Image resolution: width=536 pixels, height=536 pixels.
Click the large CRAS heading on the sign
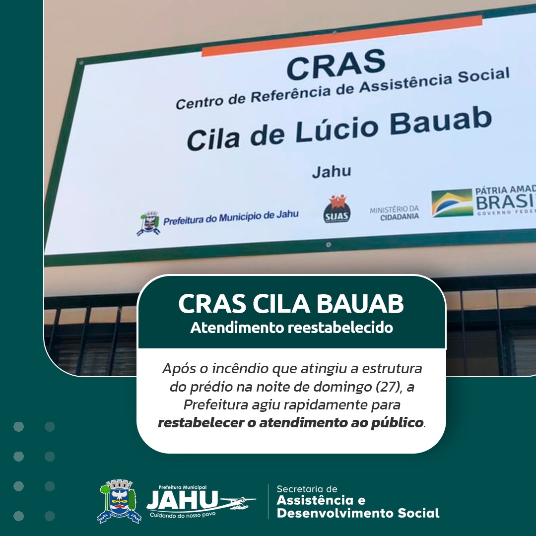point(336,64)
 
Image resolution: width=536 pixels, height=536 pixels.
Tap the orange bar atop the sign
point(342,36)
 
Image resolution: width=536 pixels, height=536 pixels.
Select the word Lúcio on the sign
point(336,131)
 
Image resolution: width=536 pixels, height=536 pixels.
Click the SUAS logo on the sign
point(337,208)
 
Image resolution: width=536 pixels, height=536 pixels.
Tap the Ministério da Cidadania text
point(395,212)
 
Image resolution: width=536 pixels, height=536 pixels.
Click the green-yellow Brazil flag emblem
point(452,202)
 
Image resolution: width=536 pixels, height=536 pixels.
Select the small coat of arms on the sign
point(148,223)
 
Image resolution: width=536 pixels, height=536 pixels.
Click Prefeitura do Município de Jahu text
point(231,217)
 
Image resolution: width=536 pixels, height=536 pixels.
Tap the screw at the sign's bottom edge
point(329,245)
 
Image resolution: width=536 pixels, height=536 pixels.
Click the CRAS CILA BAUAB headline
point(291,304)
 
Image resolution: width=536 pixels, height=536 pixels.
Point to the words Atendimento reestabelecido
point(292,328)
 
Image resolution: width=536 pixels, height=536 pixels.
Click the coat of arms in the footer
point(119,501)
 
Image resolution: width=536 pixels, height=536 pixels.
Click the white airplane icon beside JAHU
point(239,502)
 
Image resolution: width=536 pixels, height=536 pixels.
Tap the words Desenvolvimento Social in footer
point(358,513)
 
